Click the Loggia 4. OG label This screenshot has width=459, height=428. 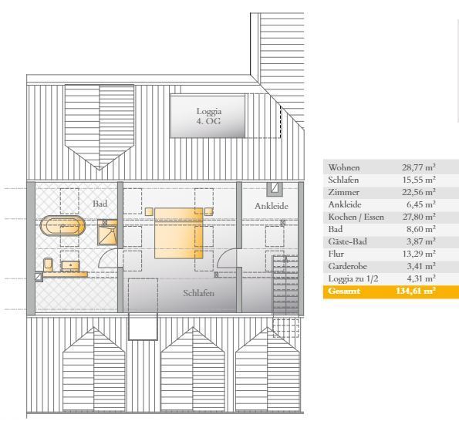(209, 116)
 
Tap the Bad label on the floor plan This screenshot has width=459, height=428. (100, 204)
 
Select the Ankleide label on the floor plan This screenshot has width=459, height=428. (272, 206)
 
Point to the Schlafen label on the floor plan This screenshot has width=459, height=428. (199, 293)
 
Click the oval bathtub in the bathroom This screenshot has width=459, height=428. (62, 226)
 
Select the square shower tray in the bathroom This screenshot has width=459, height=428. (107, 232)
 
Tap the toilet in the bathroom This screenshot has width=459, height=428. (48, 265)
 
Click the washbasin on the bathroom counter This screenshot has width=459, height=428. (70, 265)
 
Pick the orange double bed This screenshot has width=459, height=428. (178, 233)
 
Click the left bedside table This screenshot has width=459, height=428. (149, 211)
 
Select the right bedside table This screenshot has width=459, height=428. (209, 211)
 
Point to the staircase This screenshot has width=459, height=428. (285, 285)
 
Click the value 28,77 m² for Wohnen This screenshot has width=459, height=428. (419, 167)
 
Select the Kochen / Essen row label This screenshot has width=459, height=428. (356, 217)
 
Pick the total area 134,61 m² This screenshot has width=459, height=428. (415, 291)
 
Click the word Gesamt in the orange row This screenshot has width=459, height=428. (344, 291)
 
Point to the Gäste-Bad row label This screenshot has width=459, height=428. (347, 241)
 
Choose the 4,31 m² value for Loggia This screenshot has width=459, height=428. (421, 278)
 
